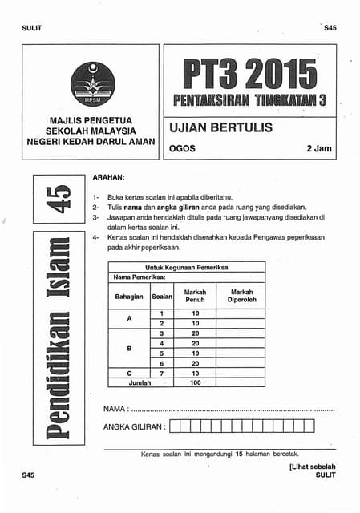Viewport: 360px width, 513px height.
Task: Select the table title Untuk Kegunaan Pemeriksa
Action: tap(186, 267)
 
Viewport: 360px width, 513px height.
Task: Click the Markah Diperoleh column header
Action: tap(241, 297)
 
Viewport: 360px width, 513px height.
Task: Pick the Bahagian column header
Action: tap(129, 297)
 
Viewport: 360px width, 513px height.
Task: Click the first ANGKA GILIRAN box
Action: tap(176, 427)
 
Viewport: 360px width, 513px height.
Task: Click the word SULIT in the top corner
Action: tap(34, 30)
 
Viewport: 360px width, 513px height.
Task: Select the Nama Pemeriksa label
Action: tap(139, 277)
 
